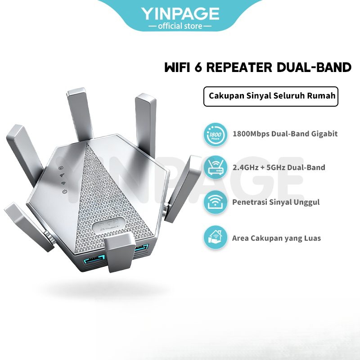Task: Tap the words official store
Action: click(180, 26)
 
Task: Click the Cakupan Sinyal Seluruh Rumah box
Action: click(270, 96)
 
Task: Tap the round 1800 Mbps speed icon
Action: click(215, 134)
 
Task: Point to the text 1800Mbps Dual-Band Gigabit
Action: click(285, 134)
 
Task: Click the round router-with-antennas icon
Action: click(215, 167)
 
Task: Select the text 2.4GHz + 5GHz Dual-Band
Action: click(279, 167)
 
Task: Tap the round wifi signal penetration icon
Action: click(215, 202)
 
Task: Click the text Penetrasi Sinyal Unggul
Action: click(276, 202)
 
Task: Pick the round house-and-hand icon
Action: click(215, 238)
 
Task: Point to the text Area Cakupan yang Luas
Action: click(277, 238)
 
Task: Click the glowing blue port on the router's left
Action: click(94, 260)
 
